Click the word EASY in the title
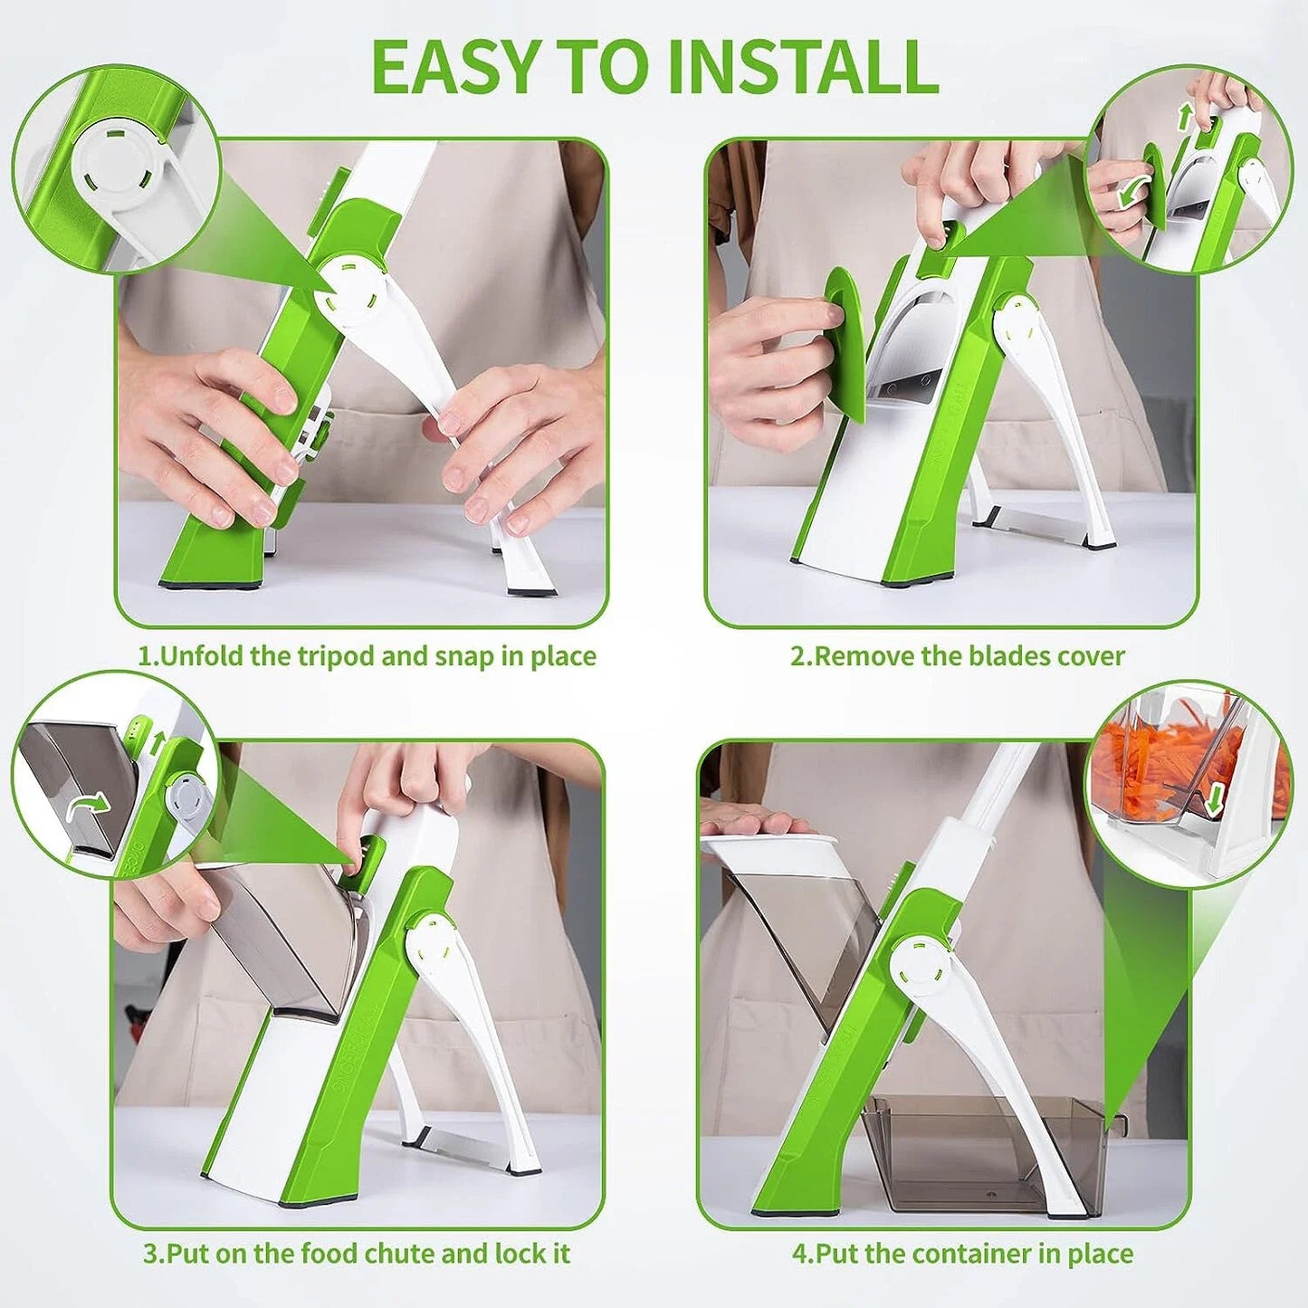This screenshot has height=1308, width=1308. (x=454, y=67)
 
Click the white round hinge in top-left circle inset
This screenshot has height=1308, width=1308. (x=118, y=164)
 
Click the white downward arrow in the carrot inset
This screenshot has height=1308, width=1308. (x=1216, y=797)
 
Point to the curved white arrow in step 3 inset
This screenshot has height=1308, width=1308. (x=89, y=804)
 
